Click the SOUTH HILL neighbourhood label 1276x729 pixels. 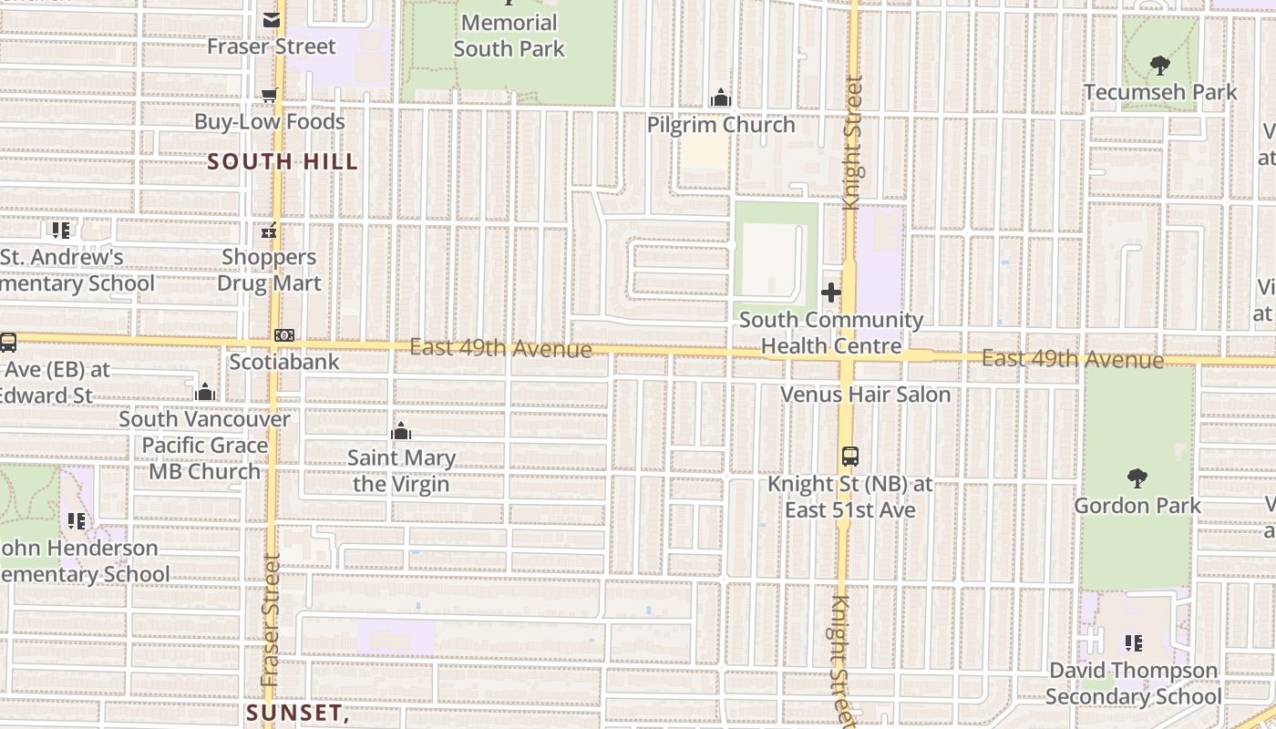[x=283, y=162]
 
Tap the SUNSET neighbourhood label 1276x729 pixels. [x=297, y=712]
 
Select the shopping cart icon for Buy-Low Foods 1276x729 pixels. [x=270, y=95]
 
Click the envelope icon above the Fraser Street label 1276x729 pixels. [x=272, y=20]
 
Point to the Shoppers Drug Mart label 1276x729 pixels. [x=269, y=270]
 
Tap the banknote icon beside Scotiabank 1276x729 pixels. [x=284, y=335]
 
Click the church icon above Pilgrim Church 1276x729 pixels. [x=721, y=98]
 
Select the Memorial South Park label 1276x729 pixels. [x=509, y=36]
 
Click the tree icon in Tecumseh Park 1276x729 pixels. [x=1160, y=65]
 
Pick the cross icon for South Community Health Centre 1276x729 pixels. [x=830, y=293]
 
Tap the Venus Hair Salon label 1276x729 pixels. [x=865, y=395]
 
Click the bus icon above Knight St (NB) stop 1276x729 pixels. [x=849, y=457]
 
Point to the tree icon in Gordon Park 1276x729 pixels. [x=1137, y=477]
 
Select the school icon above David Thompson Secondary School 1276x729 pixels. [x=1133, y=643]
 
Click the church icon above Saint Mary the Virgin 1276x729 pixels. [x=401, y=431]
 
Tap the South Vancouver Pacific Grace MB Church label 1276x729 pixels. [x=204, y=446]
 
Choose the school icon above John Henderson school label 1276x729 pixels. [x=77, y=521]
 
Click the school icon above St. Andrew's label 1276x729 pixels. [x=60, y=231]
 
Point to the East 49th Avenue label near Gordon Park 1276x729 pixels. [x=1072, y=359]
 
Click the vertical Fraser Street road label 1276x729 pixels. [x=271, y=620]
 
